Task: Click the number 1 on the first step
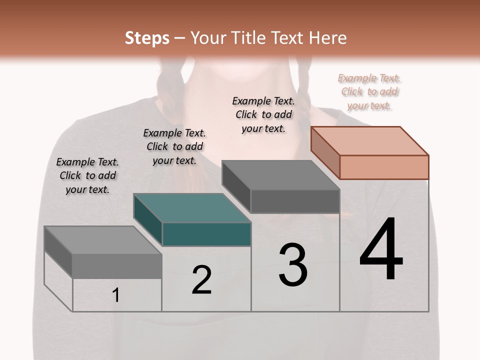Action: [116, 295]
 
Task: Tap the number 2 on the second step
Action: [201, 279]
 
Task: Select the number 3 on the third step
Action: [293, 265]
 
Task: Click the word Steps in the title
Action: [147, 38]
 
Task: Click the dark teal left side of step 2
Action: [148, 220]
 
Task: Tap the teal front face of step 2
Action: [206, 234]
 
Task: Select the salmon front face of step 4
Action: [384, 167]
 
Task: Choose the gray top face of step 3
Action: [280, 175]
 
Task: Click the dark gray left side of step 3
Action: [236, 187]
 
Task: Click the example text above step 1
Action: [87, 176]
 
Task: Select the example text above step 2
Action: [174, 147]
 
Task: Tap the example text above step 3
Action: [263, 114]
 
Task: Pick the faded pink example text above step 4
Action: [369, 92]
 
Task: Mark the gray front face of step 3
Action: [295, 201]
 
